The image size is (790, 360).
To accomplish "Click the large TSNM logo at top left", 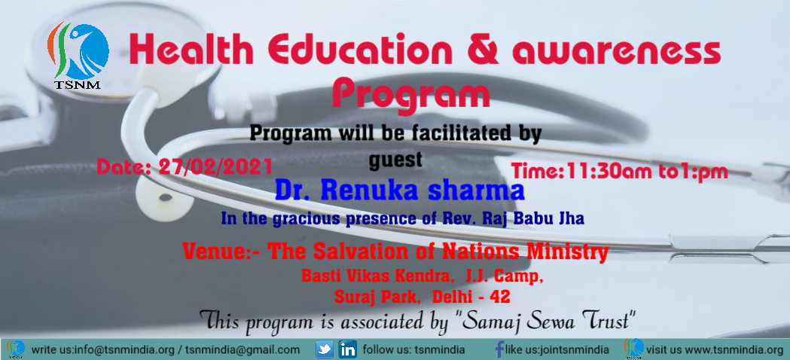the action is (x=78, y=55).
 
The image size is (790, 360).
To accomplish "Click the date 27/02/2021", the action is (x=215, y=167).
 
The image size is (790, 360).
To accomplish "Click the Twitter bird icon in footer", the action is (x=325, y=349).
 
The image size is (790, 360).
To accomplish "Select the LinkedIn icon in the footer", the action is (x=348, y=349).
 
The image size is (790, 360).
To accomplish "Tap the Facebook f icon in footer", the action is (x=500, y=349).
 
